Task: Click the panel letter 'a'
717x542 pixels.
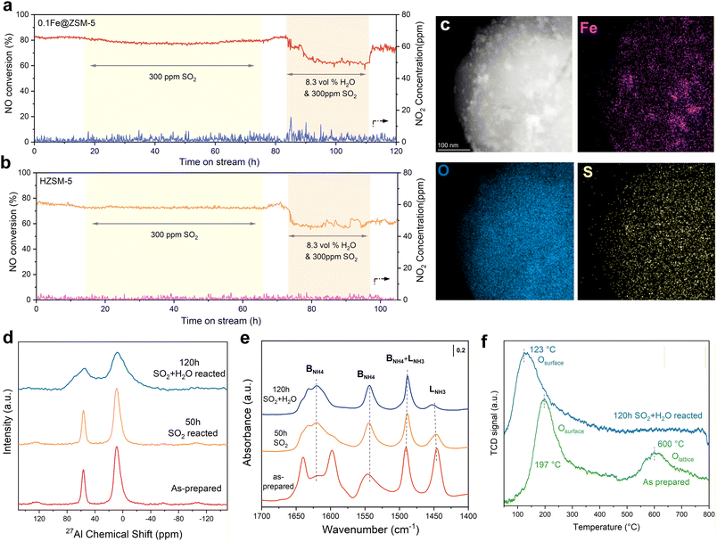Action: point(7,8)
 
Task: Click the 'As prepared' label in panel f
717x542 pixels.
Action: point(663,480)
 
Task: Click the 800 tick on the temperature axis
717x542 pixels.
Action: point(708,515)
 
